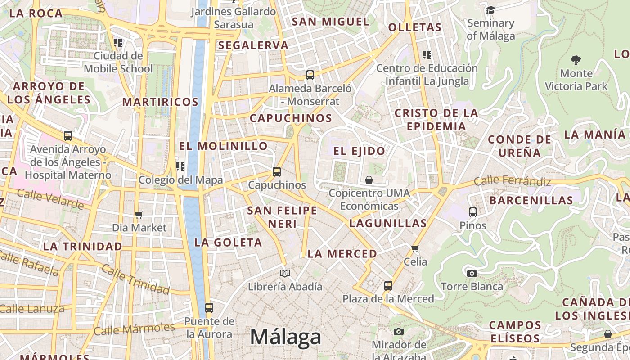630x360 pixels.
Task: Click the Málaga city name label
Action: [286, 337]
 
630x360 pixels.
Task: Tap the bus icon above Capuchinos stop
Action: [277, 171]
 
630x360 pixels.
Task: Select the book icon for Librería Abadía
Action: [285, 273]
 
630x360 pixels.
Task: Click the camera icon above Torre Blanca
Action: [472, 273]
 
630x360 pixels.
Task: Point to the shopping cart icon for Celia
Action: [415, 248]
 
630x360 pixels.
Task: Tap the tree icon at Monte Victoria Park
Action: [576, 60]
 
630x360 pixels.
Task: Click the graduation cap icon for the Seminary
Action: [490, 10]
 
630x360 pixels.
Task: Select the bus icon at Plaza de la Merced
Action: [388, 285]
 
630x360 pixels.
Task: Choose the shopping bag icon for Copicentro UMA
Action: [369, 180]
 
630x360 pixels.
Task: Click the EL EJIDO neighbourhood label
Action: [359, 151]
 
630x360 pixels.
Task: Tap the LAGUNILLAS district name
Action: [388, 223]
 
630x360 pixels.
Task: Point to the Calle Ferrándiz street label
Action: [513, 181]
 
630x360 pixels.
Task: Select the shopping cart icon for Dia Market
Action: [139, 215]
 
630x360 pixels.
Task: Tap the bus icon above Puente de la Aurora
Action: [209, 308]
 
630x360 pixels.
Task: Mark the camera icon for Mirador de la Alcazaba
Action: [398, 332]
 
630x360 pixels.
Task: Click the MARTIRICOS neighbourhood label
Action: [160, 102]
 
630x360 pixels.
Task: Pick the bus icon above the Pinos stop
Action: [472, 212]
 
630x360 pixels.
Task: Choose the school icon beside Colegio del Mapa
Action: [180, 166]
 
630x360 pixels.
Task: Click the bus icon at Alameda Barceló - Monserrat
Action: [310, 75]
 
